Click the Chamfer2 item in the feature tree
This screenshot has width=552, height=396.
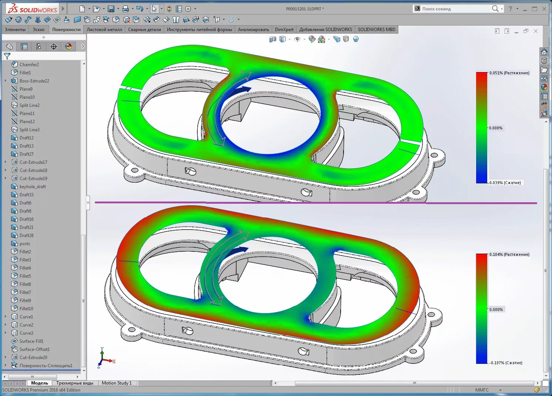[x=29, y=65]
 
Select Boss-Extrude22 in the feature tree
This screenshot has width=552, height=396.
[x=34, y=81]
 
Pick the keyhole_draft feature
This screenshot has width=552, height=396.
[x=33, y=187]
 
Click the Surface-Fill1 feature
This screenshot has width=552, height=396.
[x=31, y=341]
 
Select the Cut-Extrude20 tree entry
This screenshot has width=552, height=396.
[x=33, y=358]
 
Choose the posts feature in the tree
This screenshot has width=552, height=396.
[x=25, y=244]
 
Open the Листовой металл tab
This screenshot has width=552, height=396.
[x=104, y=30]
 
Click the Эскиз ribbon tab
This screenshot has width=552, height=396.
[x=39, y=30]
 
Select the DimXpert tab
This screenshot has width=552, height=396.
[x=284, y=30]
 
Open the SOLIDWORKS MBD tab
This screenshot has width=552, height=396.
[x=376, y=30]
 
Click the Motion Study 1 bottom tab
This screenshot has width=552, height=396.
[x=117, y=383]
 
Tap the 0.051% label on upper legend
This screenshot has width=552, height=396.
[x=509, y=73]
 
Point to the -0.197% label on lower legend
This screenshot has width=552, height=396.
[x=506, y=363]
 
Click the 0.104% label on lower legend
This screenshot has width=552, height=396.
[x=509, y=255]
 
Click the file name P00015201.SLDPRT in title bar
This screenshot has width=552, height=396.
[x=305, y=9]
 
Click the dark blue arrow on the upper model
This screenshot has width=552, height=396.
[x=242, y=90]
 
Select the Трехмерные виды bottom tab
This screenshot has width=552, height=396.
[x=75, y=383]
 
